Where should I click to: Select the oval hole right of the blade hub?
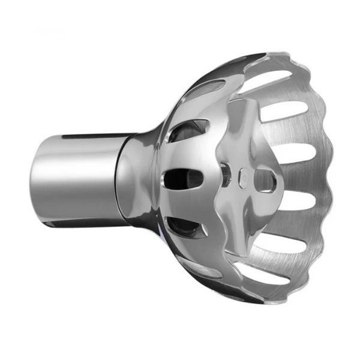pyautogui.click(x=265, y=180)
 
